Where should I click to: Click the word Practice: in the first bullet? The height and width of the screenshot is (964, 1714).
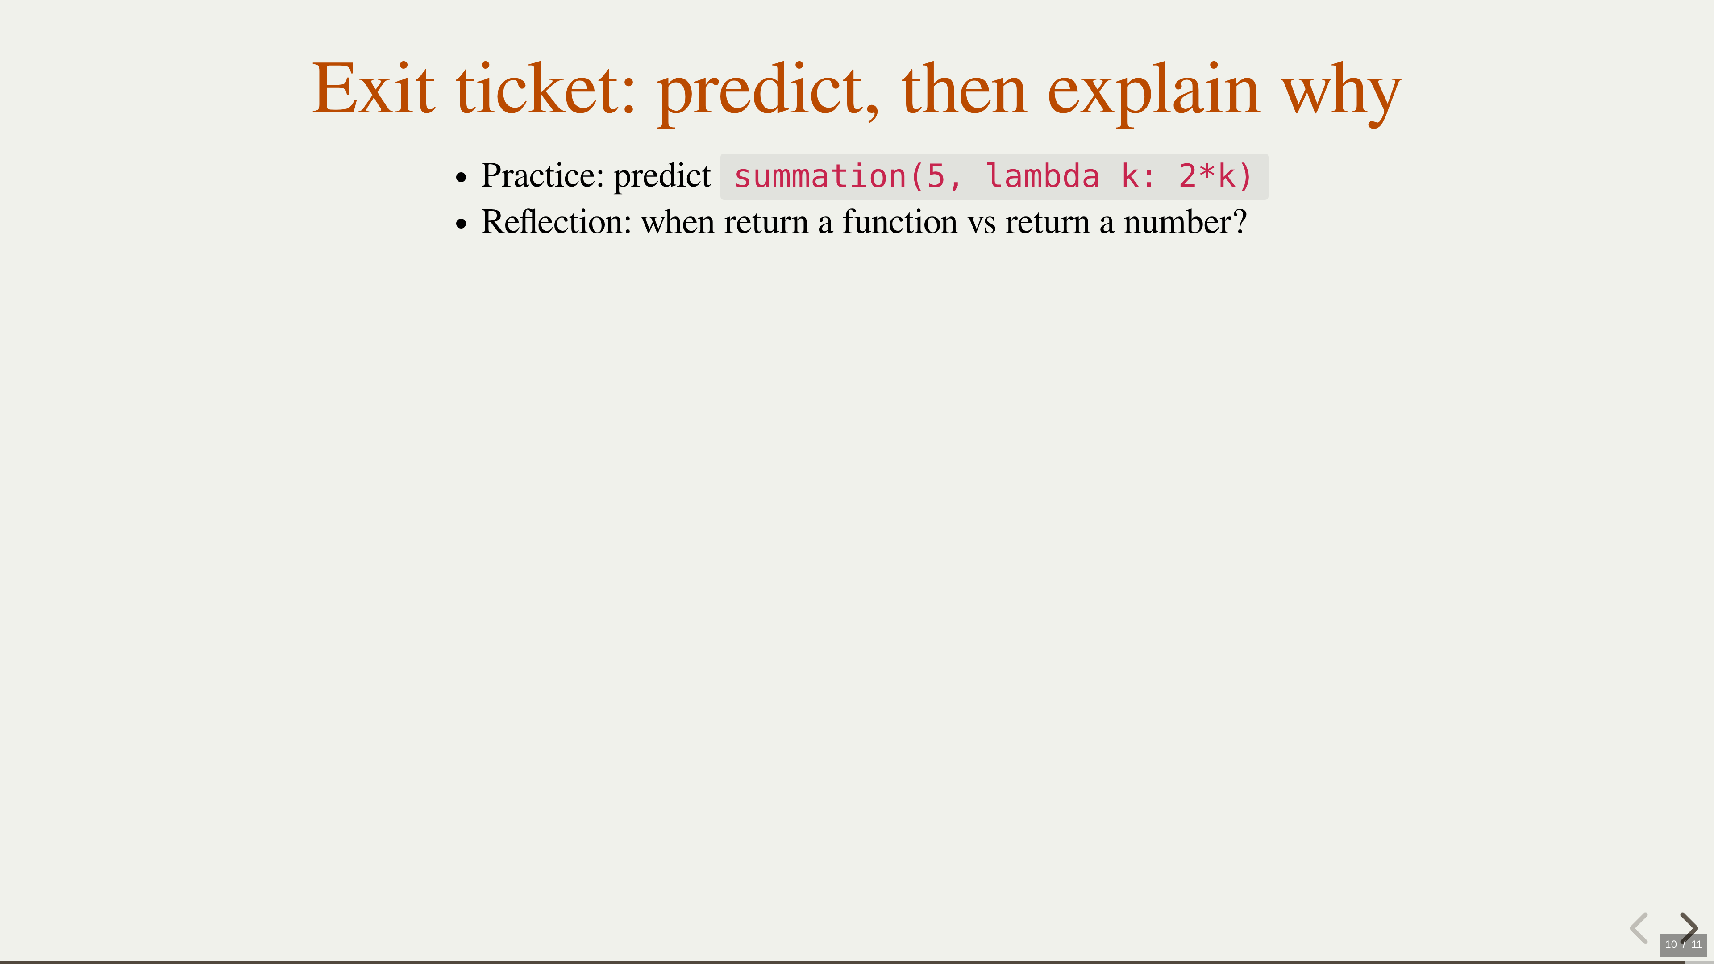click(x=542, y=176)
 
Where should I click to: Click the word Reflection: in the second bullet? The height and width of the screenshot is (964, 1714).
click(x=556, y=221)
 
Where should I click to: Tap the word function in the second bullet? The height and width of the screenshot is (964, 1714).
click(x=900, y=221)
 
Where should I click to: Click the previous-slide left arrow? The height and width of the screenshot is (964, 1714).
click(x=1639, y=928)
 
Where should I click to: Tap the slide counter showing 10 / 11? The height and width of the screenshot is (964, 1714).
click(x=1683, y=944)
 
